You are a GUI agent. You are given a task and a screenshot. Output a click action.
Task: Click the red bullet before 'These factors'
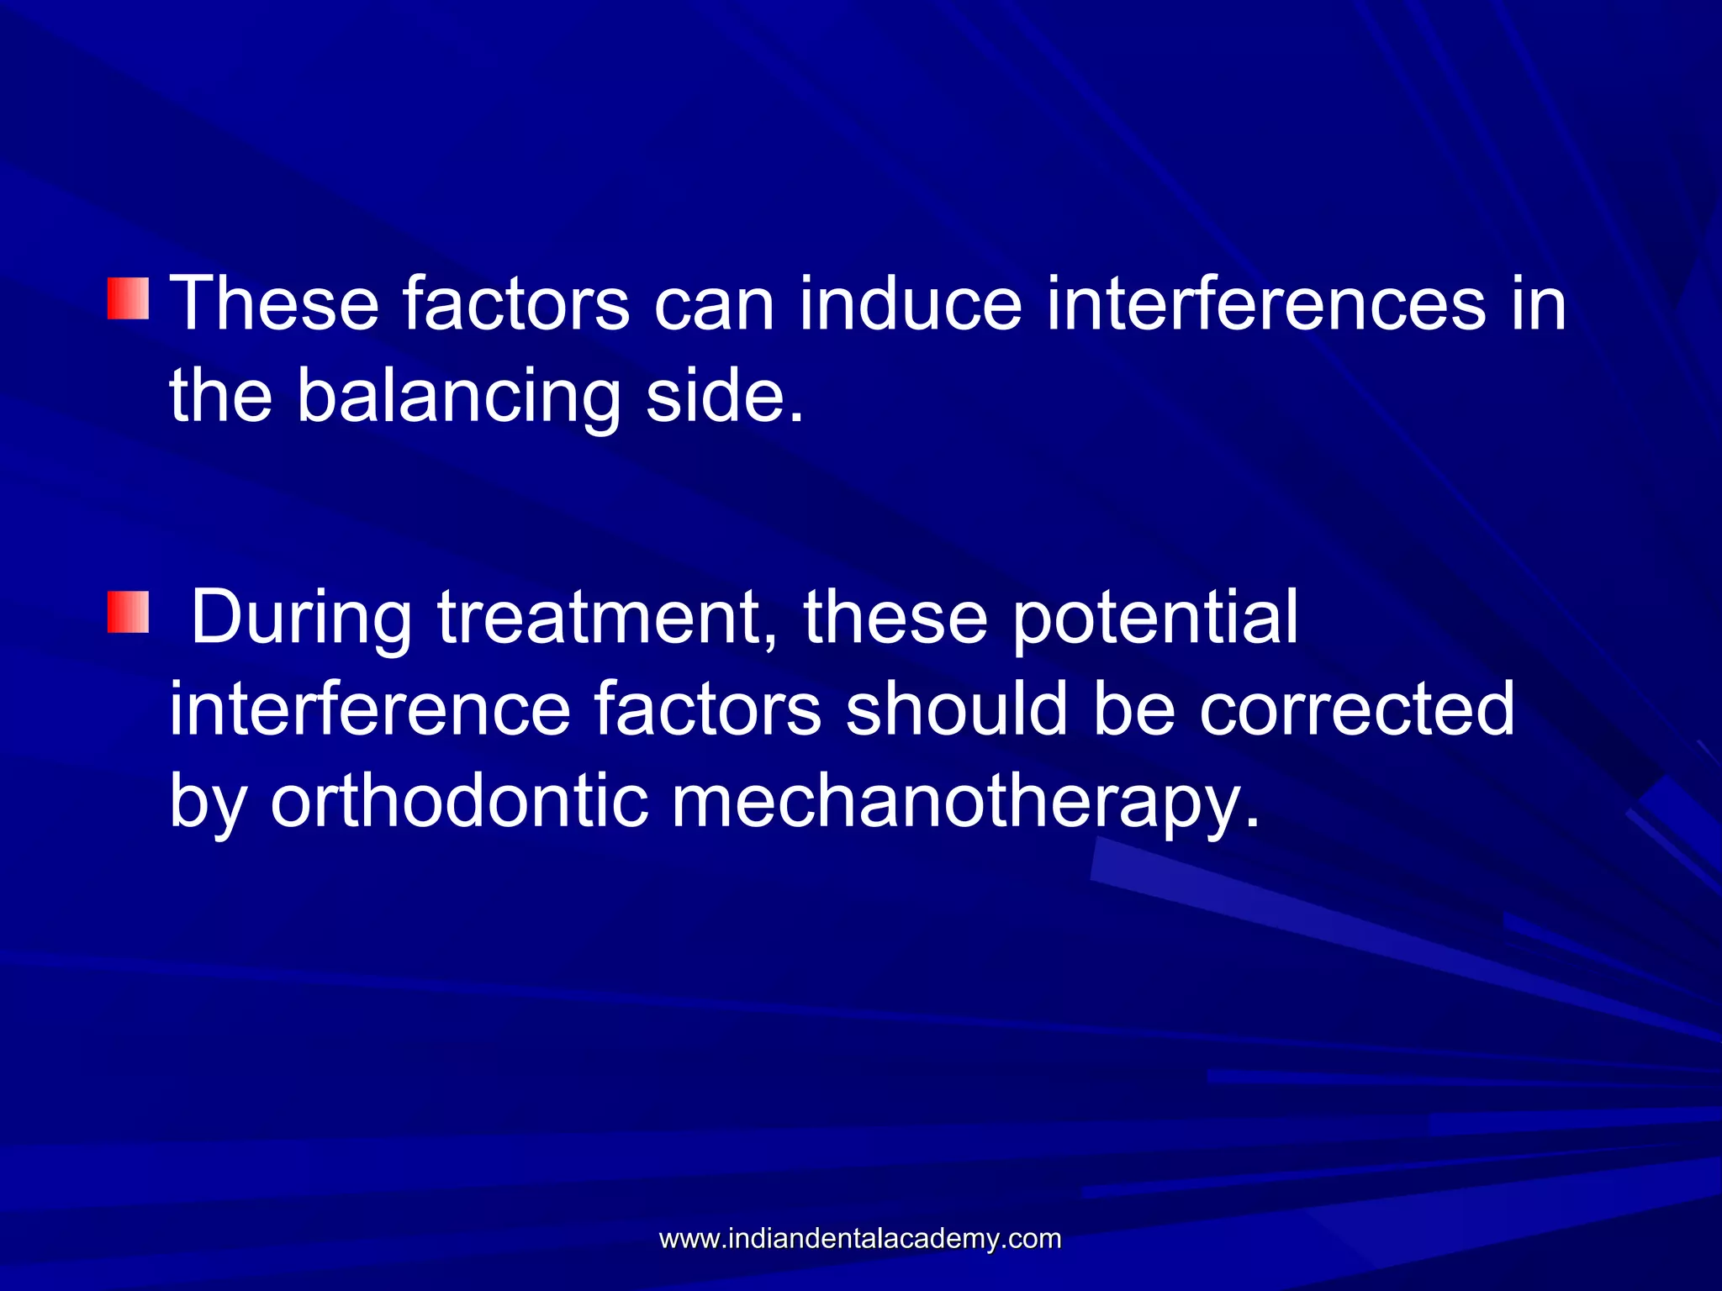pyautogui.click(x=129, y=299)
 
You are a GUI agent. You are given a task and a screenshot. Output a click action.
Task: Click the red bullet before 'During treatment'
pyautogui.click(x=129, y=612)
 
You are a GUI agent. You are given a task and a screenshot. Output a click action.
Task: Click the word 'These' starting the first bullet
pyautogui.click(x=274, y=304)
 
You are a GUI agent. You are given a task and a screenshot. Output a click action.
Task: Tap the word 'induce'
pyautogui.click(x=910, y=304)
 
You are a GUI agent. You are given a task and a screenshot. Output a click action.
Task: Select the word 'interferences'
pyautogui.click(x=1266, y=304)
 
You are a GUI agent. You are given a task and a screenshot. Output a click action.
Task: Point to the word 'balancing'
pyautogui.click(x=457, y=397)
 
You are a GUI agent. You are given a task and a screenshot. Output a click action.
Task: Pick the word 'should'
pyautogui.click(x=957, y=710)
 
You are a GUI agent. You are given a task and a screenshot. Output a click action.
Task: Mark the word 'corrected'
pyautogui.click(x=1356, y=710)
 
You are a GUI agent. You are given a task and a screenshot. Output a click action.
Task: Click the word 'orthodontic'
pyautogui.click(x=459, y=803)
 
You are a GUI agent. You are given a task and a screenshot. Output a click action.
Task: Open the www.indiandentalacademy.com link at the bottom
pyautogui.click(x=860, y=1239)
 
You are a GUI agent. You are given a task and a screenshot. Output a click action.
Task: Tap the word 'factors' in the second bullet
pyautogui.click(x=707, y=710)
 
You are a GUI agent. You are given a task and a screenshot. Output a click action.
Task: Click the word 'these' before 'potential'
pyautogui.click(x=895, y=619)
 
